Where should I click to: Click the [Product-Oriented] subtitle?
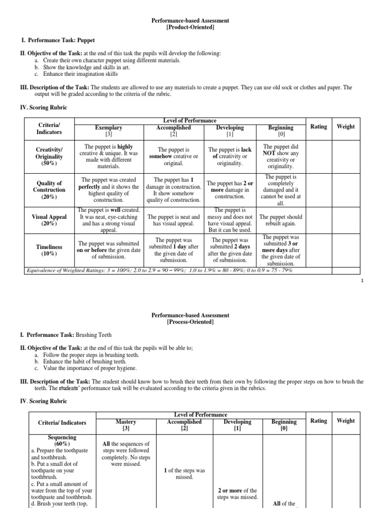[190, 27]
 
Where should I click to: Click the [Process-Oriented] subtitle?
[190, 322]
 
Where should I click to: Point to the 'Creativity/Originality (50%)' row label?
[49, 156]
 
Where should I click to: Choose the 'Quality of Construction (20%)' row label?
[49, 190]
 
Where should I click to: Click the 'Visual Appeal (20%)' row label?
[49, 220]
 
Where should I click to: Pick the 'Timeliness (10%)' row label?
[49, 250]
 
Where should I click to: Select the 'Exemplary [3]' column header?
[108, 131]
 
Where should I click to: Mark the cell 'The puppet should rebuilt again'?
[280, 220]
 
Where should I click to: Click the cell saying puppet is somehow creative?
[174, 156]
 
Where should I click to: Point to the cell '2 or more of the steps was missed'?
[237, 494]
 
